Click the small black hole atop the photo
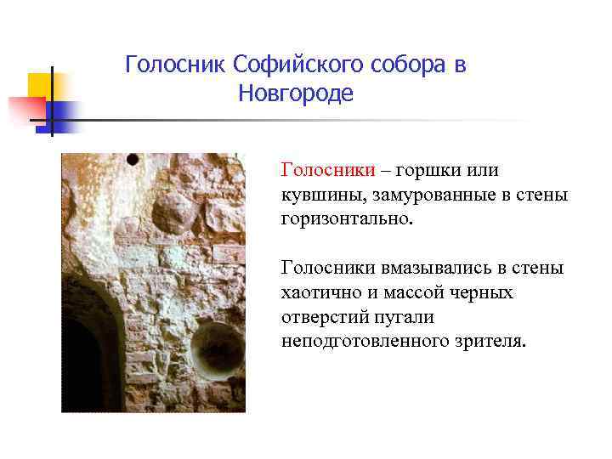point(133,159)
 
